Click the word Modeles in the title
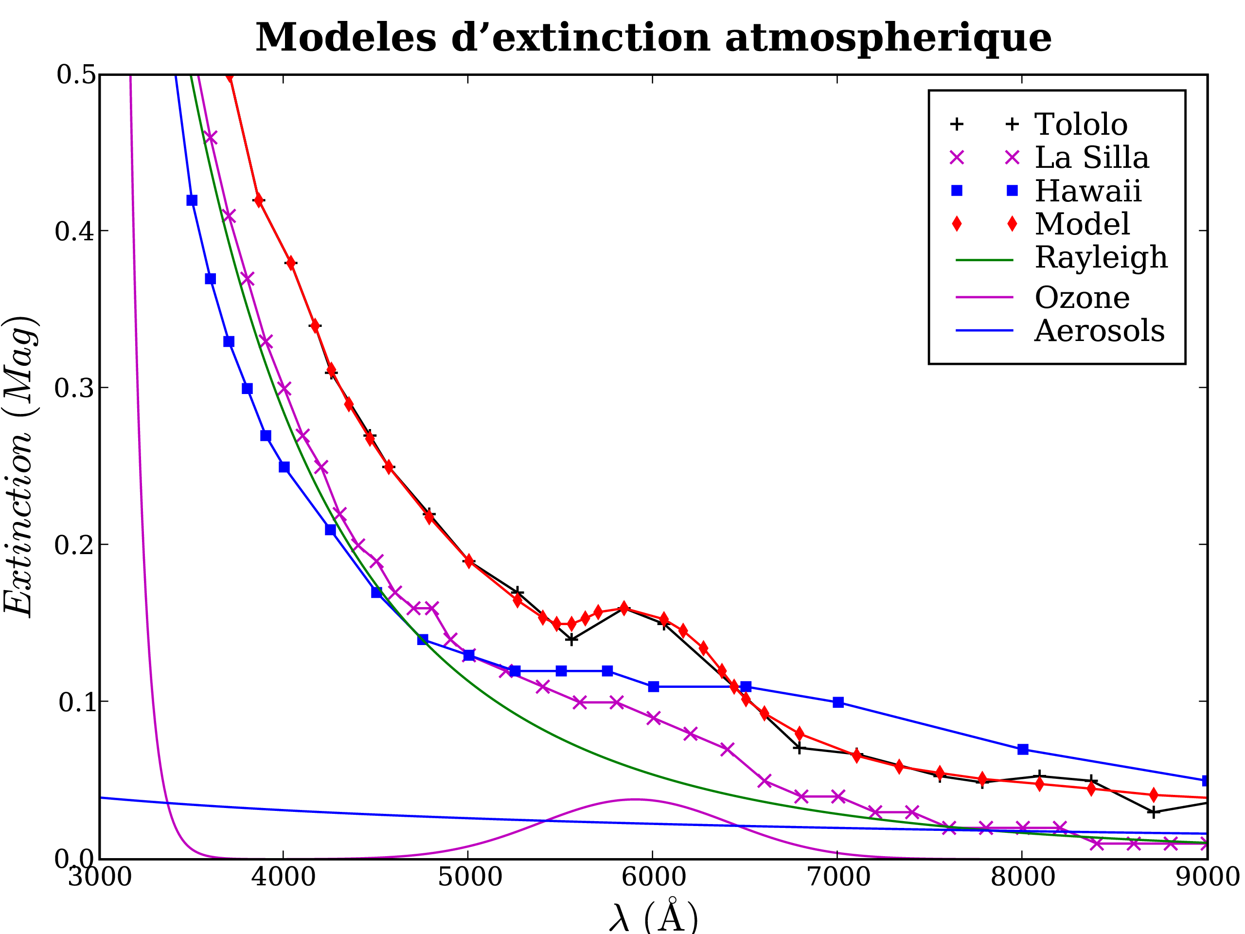346,38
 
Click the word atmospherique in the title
888,38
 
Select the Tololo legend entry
1081,125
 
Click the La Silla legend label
1091,158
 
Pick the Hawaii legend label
1087,191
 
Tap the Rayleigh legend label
1101,258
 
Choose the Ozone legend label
1082,297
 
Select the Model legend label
1082,224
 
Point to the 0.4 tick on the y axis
75,232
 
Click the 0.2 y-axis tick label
75,545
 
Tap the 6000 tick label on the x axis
653,877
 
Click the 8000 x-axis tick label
1022,877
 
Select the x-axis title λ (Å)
653,916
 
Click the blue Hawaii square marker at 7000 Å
838,702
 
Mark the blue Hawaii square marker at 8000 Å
1023,749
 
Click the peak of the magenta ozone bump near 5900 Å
635,799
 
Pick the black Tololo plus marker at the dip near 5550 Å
571,640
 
